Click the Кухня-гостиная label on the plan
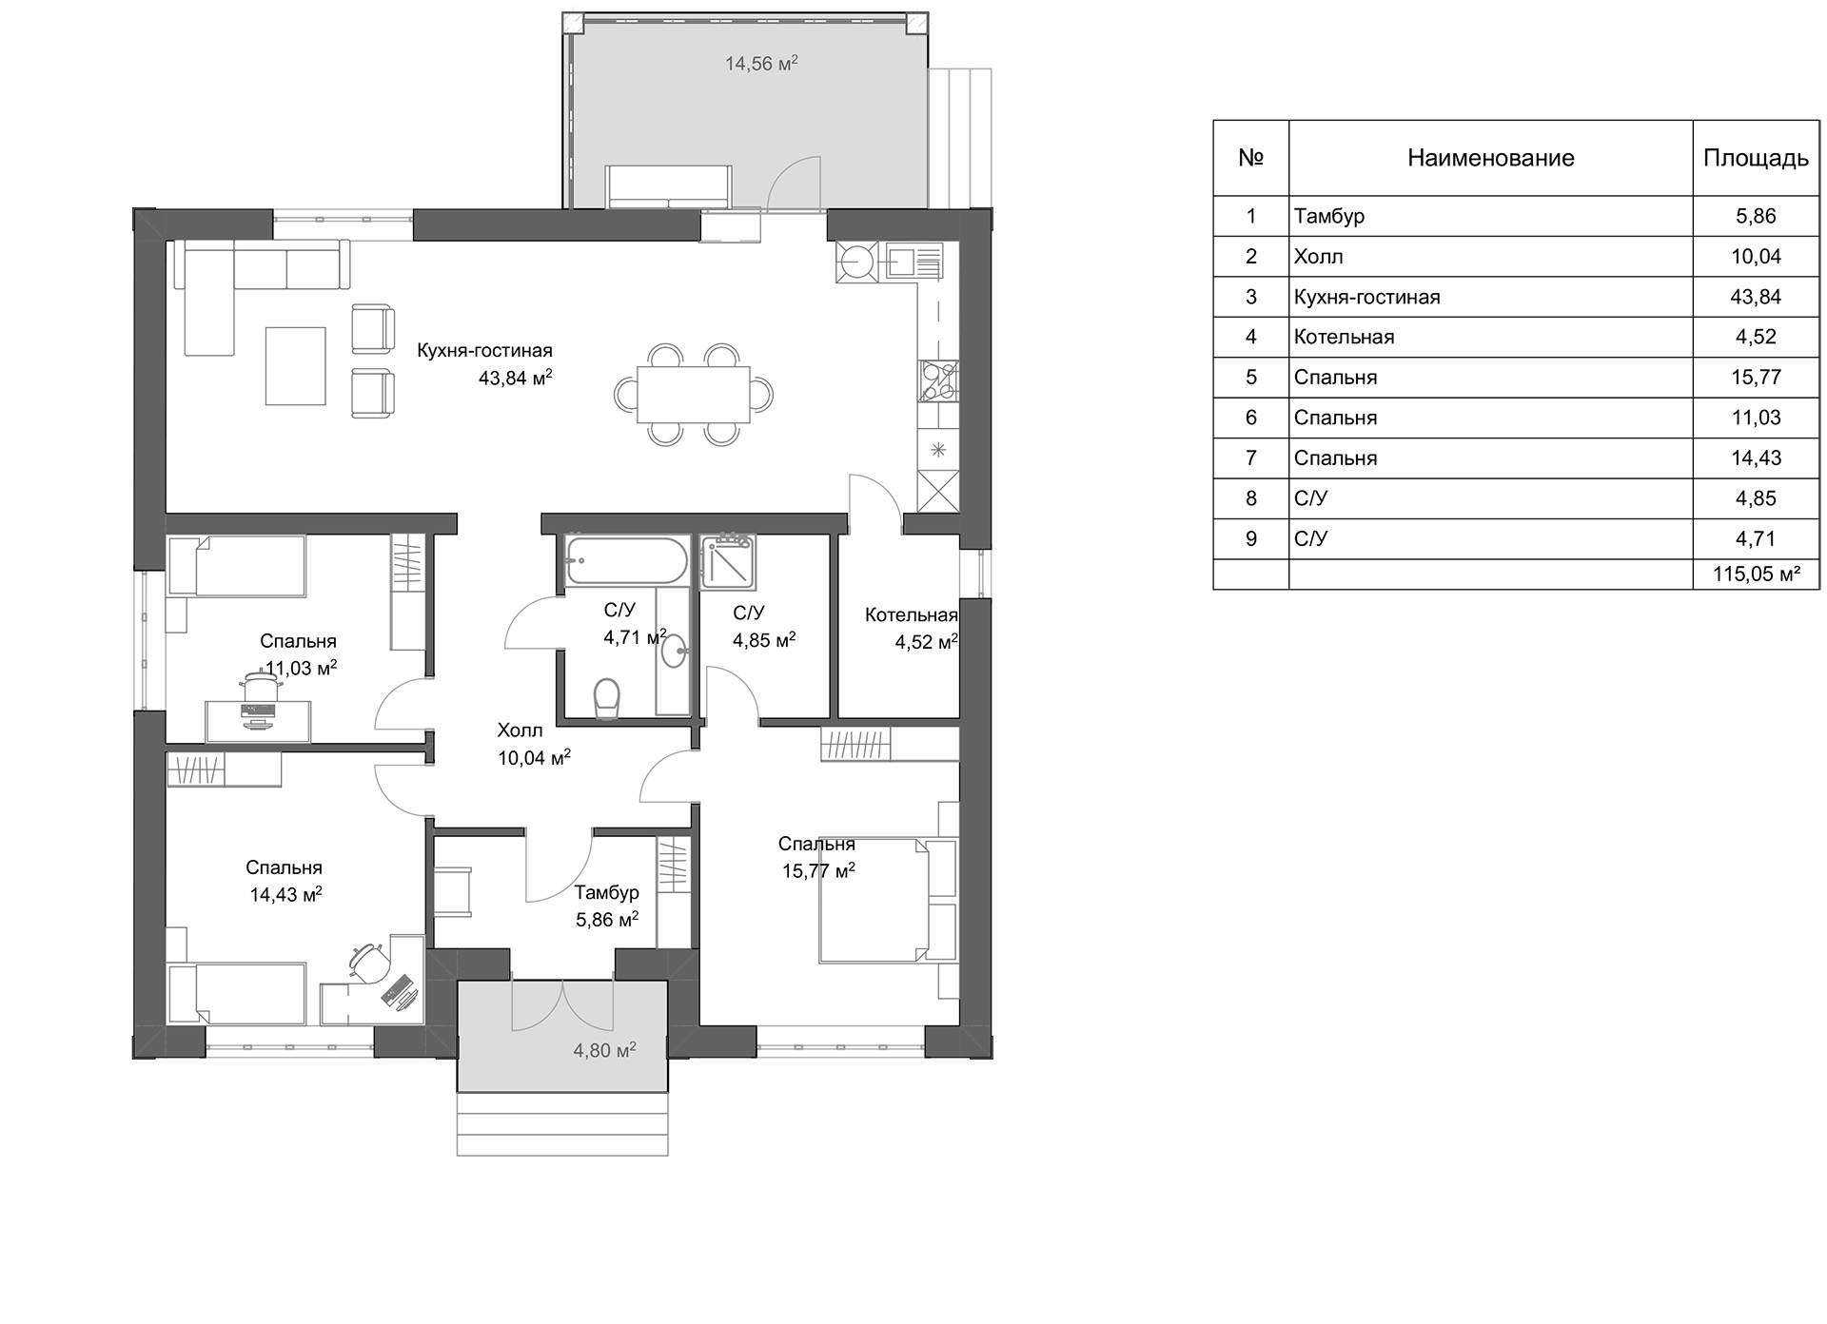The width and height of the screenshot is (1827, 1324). pos(484,351)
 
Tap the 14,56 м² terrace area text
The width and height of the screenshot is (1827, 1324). pos(761,64)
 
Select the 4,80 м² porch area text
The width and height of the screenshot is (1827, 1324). pos(604,1051)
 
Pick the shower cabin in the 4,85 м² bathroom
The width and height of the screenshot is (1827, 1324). pos(728,561)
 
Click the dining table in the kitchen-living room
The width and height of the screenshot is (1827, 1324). pos(693,394)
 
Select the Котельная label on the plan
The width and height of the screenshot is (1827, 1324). pos(911,615)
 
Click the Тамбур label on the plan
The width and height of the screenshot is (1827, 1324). pos(607,893)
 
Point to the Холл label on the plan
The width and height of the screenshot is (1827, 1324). pos(520,730)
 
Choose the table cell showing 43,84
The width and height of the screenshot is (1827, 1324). pos(1756,297)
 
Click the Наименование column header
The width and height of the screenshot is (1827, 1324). pos(1490,158)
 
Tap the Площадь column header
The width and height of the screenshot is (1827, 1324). pos(1756,158)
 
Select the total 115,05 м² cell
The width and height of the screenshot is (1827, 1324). pos(1756,574)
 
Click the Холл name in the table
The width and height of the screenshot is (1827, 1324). pos(1319,257)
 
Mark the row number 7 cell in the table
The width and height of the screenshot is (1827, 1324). pos(1251,458)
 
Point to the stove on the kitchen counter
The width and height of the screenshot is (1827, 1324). pos(938,380)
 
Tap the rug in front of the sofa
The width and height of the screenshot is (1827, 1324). pos(295,365)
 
